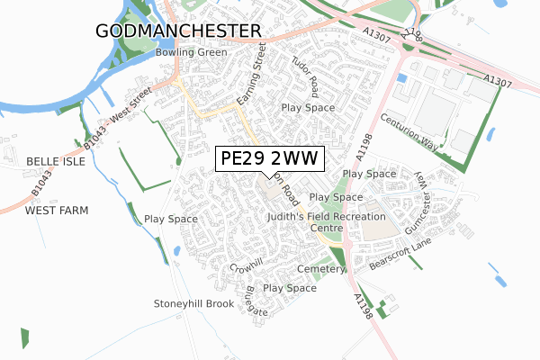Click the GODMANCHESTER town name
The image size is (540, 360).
click(x=177, y=31)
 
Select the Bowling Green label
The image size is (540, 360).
click(x=191, y=52)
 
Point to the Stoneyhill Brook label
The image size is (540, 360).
click(x=193, y=303)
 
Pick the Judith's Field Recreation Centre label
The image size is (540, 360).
click(x=326, y=222)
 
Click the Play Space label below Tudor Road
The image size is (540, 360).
click(x=308, y=108)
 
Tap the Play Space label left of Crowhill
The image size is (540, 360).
click(x=171, y=219)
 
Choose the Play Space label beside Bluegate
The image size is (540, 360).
click(x=290, y=288)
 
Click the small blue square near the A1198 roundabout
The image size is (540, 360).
click(x=400, y=78)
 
